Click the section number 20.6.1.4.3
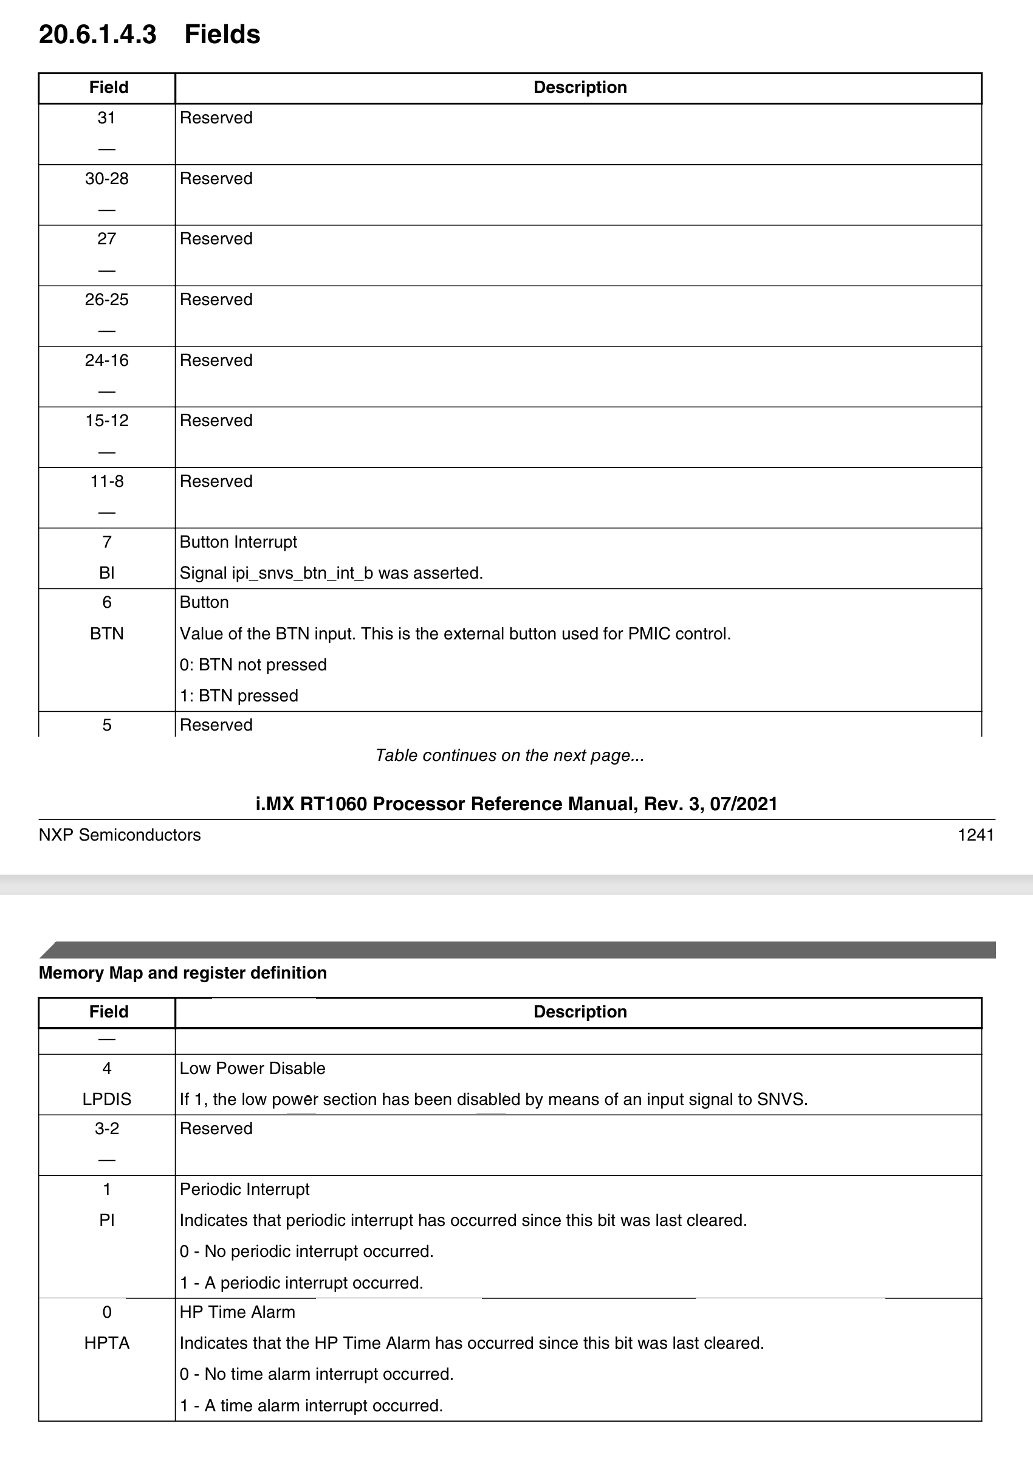pyautogui.click(x=97, y=35)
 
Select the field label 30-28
pyautogui.click(x=106, y=179)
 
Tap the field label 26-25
pyautogui.click(x=106, y=300)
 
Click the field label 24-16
pyautogui.click(x=106, y=360)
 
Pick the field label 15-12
pyautogui.click(x=106, y=421)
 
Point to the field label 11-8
pyautogui.click(x=106, y=482)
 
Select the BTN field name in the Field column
pyautogui.click(x=106, y=634)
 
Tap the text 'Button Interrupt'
pyautogui.click(x=238, y=542)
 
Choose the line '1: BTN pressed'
pyautogui.click(x=239, y=696)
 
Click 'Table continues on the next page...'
pyautogui.click(x=509, y=756)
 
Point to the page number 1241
pyautogui.click(x=975, y=835)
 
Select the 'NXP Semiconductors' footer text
pyautogui.click(x=120, y=835)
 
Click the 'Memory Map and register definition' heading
pyautogui.click(x=183, y=973)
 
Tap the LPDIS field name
pyautogui.click(x=106, y=1099)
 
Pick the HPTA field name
pyautogui.click(x=106, y=1343)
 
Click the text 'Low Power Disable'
pyautogui.click(x=252, y=1069)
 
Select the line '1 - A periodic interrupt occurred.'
pyautogui.click(x=301, y=1282)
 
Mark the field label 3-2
pyautogui.click(x=106, y=1129)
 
